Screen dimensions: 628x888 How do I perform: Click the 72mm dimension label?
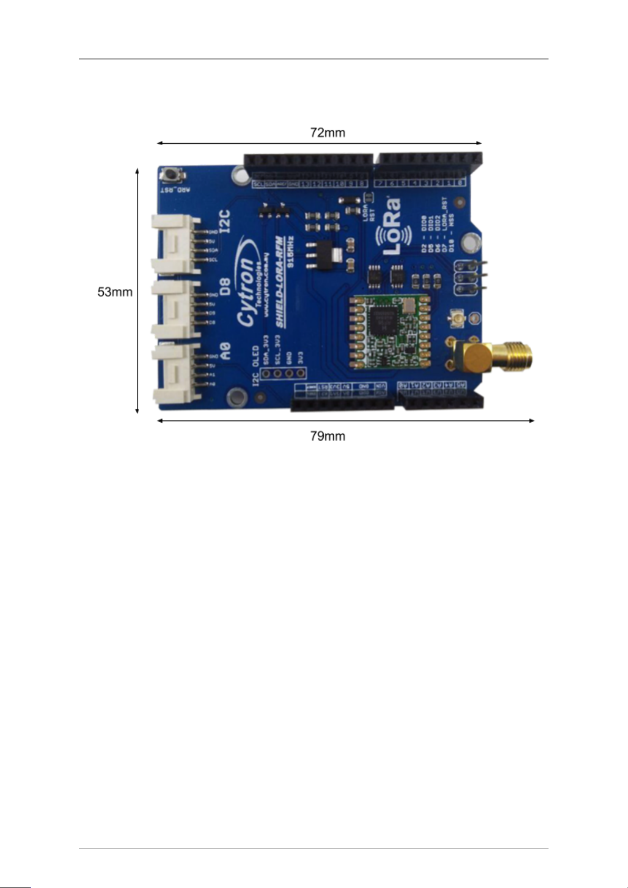[327, 133]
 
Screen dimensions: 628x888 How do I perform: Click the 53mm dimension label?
[115, 292]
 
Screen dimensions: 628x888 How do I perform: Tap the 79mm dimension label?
[327, 436]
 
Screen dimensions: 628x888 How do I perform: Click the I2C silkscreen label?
[225, 222]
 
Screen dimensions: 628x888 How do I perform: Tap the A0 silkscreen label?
[225, 351]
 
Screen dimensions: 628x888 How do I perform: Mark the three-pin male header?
[470, 276]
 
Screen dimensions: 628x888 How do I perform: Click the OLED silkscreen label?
[255, 356]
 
